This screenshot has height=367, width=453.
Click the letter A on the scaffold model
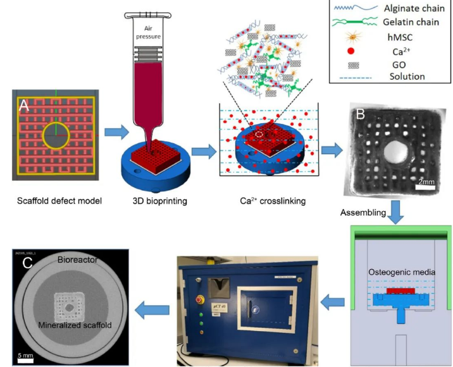coord(24,107)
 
